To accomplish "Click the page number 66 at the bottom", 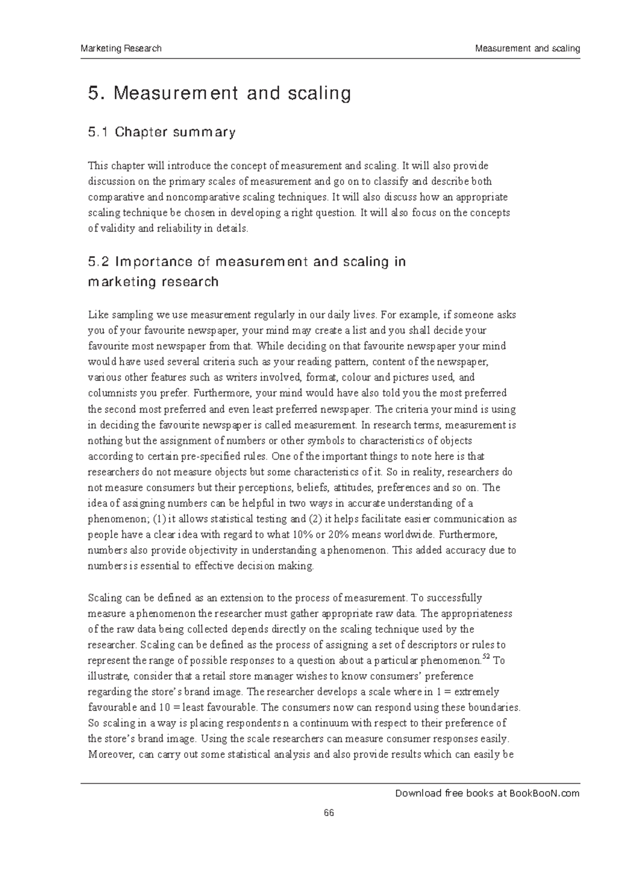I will click(329, 813).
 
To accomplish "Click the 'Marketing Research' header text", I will click(121, 49).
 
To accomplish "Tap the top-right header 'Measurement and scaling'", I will click(528, 49).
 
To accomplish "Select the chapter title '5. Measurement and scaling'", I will click(220, 93).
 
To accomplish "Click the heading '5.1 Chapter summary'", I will click(162, 132).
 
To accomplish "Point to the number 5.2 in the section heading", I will click(99, 262).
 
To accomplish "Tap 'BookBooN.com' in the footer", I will click(545, 793).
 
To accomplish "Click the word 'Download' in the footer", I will click(414, 793).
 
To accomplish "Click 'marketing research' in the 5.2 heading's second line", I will click(153, 282).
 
